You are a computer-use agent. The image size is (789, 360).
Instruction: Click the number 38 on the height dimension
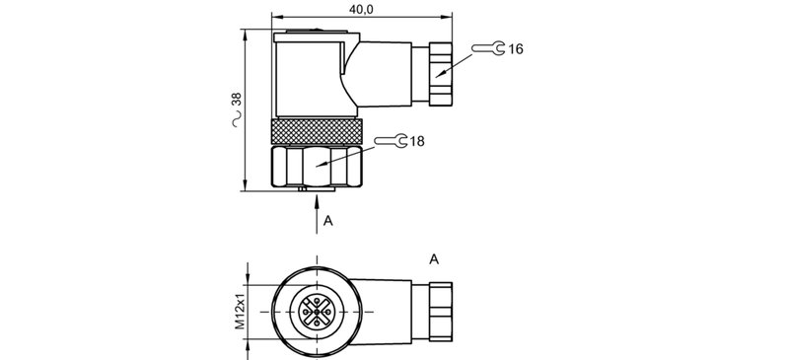(x=236, y=101)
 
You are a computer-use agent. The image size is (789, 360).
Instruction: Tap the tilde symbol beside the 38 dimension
(x=236, y=121)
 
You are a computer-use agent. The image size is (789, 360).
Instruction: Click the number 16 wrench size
(x=516, y=48)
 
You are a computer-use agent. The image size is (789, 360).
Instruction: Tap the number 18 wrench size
(x=416, y=142)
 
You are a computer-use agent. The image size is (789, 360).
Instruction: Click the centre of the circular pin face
(x=317, y=312)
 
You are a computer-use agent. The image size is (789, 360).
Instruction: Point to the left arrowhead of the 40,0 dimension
(x=276, y=18)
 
